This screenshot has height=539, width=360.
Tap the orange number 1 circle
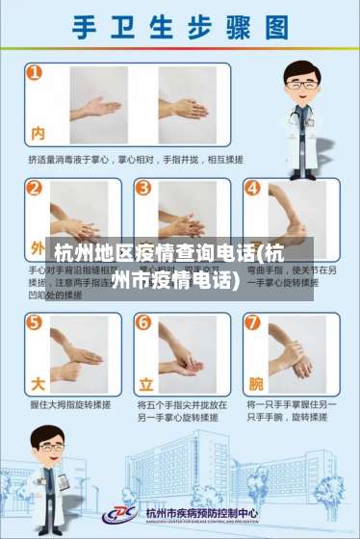click(x=35, y=72)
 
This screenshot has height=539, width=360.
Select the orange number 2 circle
click(x=36, y=187)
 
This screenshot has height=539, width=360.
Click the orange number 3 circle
click(x=142, y=187)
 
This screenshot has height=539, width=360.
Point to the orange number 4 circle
click(x=252, y=187)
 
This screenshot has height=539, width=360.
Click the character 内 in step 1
click(x=39, y=132)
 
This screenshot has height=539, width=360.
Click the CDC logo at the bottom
click(x=123, y=515)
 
